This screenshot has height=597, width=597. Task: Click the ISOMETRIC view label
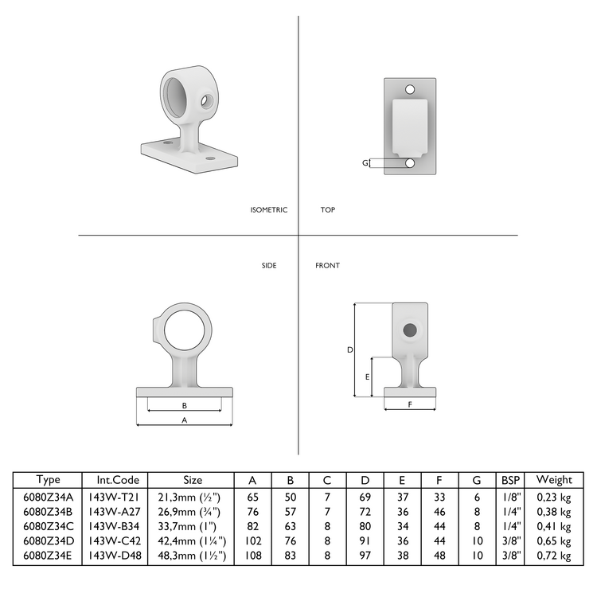[268, 210]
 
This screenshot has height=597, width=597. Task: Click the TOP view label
[327, 210]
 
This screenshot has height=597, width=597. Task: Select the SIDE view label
[269, 265]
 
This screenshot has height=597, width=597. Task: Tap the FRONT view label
[327, 265]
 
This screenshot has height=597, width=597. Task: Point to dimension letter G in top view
[365, 163]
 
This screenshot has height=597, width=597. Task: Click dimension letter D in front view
[349, 349]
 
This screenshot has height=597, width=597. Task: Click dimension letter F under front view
[409, 404]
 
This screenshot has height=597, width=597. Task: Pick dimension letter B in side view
[185, 405]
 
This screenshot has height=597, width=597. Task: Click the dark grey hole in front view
[409, 330]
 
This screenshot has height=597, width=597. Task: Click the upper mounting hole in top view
[410, 89]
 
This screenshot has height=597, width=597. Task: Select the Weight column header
[553, 480]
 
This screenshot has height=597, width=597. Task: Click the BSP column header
[509, 480]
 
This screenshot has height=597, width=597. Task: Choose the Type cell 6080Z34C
[49, 525]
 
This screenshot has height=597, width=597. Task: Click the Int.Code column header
[118, 480]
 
